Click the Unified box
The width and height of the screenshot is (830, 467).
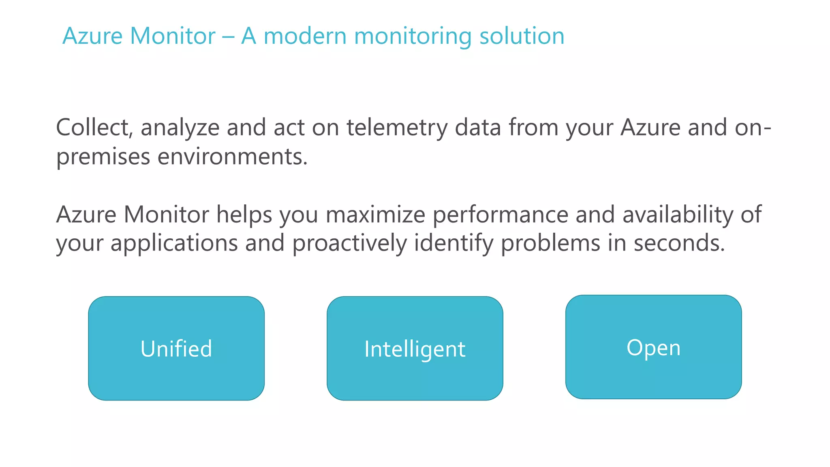pos(176,348)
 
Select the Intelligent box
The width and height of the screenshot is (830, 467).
pos(415,348)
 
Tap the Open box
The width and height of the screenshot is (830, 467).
pos(653,347)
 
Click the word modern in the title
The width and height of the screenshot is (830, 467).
pos(305,36)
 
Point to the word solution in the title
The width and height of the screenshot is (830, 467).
pos(522,36)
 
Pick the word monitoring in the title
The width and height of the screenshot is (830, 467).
pos(413,36)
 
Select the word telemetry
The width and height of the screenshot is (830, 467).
pos(397,128)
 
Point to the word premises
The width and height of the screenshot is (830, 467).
pos(103,157)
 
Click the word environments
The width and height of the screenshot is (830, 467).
pos(232,156)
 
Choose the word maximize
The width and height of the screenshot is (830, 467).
pos(375,214)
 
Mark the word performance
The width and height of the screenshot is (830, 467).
pos(501,215)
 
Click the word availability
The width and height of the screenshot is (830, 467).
pos(678,215)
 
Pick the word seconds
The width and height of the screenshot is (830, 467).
pos(679,243)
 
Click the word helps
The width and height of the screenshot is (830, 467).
pos(244,215)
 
